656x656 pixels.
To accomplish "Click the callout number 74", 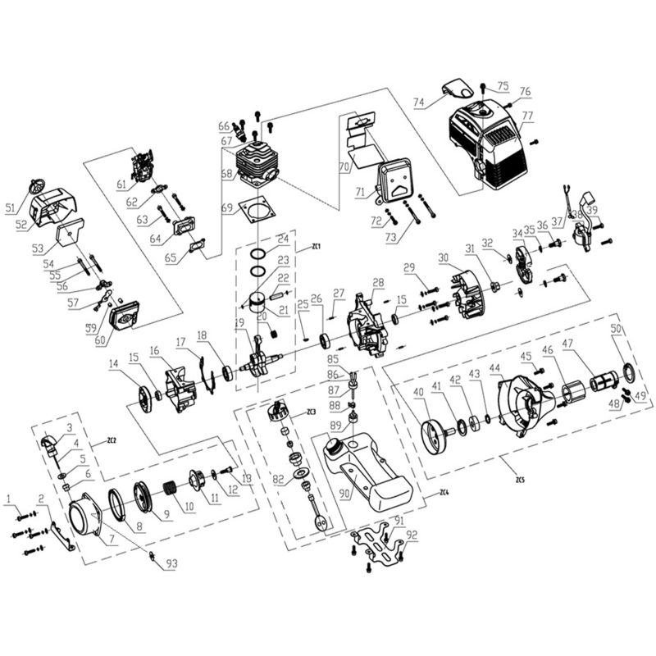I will [418, 103].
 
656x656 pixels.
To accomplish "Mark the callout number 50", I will [615, 329].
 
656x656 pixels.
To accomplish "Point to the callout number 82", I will [280, 479].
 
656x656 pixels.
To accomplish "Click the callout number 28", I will [378, 283].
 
